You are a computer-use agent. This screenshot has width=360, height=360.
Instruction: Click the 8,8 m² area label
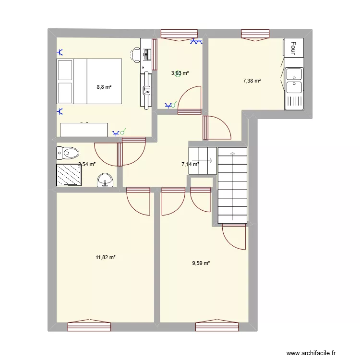pos(104,87)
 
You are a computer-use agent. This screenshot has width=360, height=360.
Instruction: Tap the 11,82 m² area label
pos(106,257)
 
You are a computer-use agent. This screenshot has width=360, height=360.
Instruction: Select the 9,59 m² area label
pos(201,263)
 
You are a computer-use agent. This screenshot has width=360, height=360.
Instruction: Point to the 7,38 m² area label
pos(252,81)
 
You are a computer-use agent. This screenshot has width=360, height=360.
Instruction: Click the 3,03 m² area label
pos(180,73)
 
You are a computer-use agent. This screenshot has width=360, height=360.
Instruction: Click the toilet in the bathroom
pos(67,153)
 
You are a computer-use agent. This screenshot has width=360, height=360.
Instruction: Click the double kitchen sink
pos(294,81)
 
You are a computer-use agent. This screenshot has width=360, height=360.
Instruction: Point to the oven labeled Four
pos(293,47)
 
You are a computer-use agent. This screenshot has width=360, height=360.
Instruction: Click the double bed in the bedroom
pos(89,81)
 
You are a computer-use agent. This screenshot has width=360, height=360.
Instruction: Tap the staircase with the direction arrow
pos(232,185)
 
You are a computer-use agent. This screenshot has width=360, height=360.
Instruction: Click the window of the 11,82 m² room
pos(89,326)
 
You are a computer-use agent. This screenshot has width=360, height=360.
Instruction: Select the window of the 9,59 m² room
pos(217,326)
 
